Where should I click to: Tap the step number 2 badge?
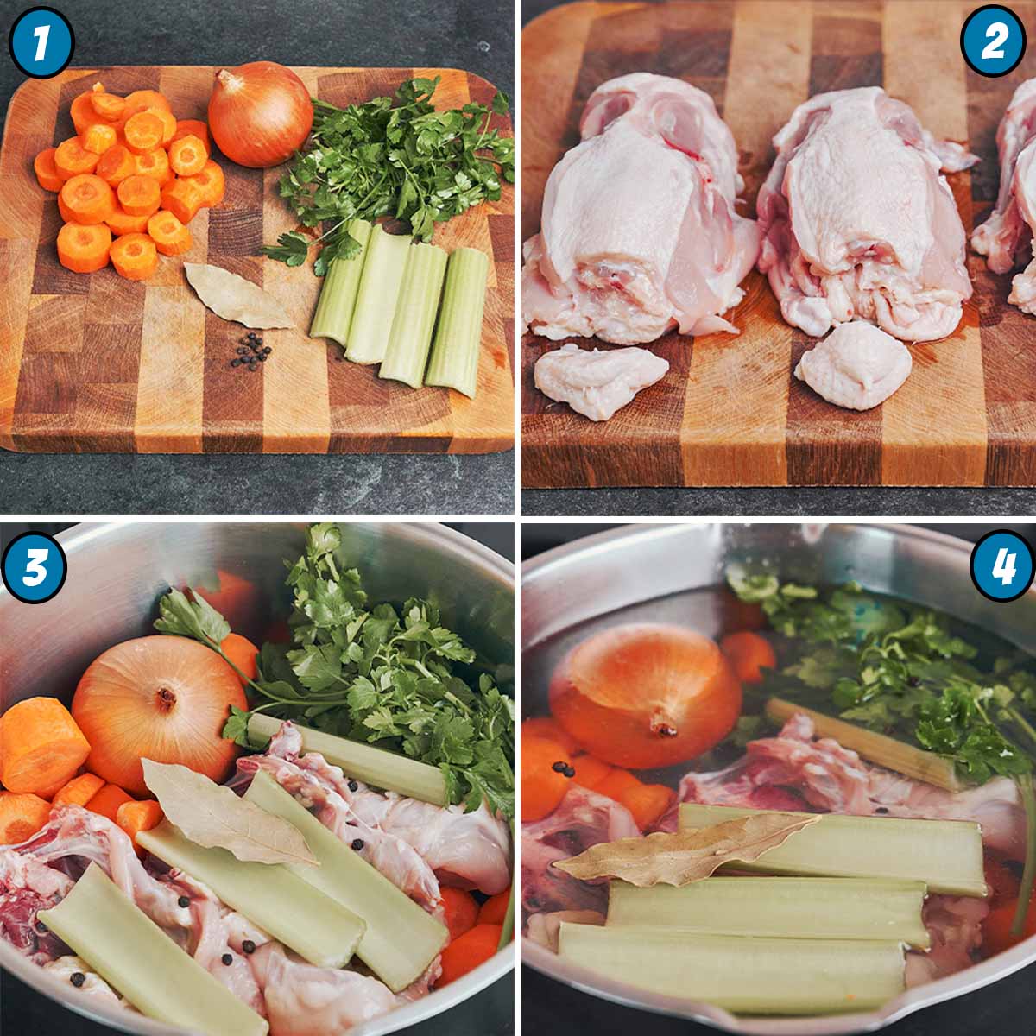pyautogui.click(x=993, y=41)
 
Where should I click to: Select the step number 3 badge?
pyautogui.click(x=34, y=571)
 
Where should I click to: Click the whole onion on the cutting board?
pyautogui.click(x=260, y=114)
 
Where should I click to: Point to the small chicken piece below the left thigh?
pyautogui.click(x=600, y=380)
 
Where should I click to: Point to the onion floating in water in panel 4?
pyautogui.click(x=646, y=695)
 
